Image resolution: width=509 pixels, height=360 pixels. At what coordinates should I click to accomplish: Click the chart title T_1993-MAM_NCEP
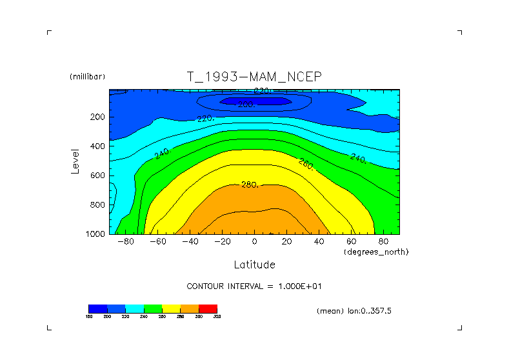pos(254,77)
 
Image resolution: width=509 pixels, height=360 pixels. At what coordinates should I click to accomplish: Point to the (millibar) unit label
pos(87,77)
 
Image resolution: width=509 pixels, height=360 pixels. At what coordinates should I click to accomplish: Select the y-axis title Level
pos(75,161)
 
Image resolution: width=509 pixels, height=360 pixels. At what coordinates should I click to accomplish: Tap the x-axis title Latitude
pos(254,265)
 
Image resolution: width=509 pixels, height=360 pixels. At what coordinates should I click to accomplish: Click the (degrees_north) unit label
pos(376,251)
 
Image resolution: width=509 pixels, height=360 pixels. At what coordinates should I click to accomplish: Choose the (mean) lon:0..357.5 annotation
pos(354,311)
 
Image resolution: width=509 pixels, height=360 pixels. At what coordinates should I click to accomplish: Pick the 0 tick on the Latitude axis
pos(254,241)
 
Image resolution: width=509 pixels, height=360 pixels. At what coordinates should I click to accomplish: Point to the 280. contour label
pos(250,185)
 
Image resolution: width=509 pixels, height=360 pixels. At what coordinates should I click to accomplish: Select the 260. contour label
pos(306,164)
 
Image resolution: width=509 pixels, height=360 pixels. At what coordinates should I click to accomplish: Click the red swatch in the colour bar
pos(208,308)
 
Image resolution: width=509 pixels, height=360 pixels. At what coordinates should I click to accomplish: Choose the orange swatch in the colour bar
pos(190,308)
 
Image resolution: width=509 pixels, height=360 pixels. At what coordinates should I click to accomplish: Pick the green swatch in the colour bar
pos(153,308)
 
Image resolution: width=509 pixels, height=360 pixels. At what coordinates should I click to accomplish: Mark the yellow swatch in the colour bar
pos(171,308)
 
